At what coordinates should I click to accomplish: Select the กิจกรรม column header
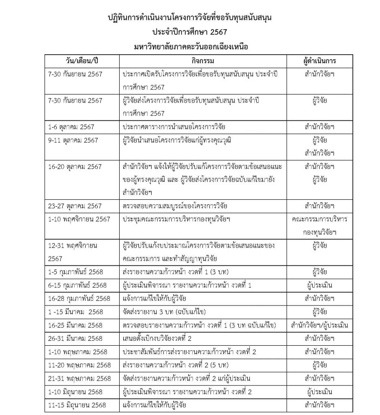(x=202, y=61)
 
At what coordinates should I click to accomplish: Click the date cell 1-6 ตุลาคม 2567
(x=71, y=127)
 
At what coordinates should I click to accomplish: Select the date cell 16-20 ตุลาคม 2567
(x=75, y=167)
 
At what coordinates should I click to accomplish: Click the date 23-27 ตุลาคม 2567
(x=75, y=205)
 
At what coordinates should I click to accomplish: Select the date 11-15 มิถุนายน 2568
(x=77, y=404)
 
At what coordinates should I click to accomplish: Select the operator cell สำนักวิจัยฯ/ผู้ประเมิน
(x=319, y=325)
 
